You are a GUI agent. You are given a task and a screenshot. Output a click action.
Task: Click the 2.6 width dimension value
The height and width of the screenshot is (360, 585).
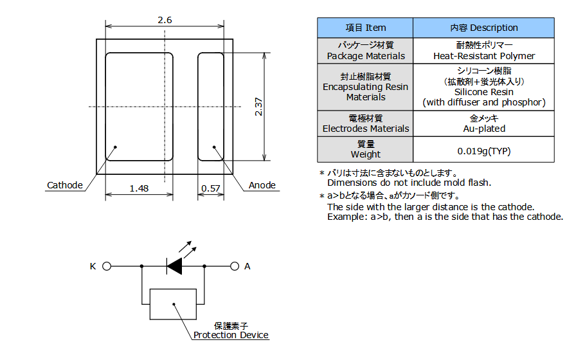click(165, 20)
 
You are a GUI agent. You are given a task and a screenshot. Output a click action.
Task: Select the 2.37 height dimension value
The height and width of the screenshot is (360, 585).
click(258, 107)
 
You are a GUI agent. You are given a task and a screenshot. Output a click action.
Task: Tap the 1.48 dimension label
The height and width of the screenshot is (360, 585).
click(139, 188)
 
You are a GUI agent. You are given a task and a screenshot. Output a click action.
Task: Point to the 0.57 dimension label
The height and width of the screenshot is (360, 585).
click(211, 188)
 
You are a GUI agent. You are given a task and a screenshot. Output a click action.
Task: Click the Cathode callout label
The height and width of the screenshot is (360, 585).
click(65, 185)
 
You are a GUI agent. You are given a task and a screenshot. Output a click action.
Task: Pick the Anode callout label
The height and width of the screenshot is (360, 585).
click(262, 185)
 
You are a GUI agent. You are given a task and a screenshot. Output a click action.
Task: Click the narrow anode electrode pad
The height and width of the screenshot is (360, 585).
click(211, 107)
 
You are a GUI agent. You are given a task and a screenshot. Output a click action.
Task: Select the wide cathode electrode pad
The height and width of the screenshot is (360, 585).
click(139, 107)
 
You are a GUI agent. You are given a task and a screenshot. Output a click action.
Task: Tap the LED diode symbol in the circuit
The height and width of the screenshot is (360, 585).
click(174, 266)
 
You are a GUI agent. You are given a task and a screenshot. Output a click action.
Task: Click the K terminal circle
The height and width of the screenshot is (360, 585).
click(107, 266)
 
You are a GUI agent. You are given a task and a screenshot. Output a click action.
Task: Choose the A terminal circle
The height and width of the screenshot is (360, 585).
click(234, 266)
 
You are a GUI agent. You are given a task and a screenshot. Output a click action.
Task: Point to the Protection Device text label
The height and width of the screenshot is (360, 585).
click(231, 335)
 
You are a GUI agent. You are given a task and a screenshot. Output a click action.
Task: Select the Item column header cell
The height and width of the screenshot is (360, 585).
click(365, 28)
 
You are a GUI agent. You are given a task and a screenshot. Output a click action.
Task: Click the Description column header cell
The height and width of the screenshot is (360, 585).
click(483, 28)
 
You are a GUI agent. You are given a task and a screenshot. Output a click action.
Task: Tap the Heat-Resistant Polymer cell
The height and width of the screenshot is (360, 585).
click(484, 51)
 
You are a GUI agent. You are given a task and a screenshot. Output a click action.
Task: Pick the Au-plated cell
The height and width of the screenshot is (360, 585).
click(484, 123)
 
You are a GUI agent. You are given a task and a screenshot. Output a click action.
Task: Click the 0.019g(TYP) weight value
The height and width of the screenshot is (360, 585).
click(484, 151)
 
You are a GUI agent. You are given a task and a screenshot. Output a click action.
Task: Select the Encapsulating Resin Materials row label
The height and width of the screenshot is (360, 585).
click(365, 87)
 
